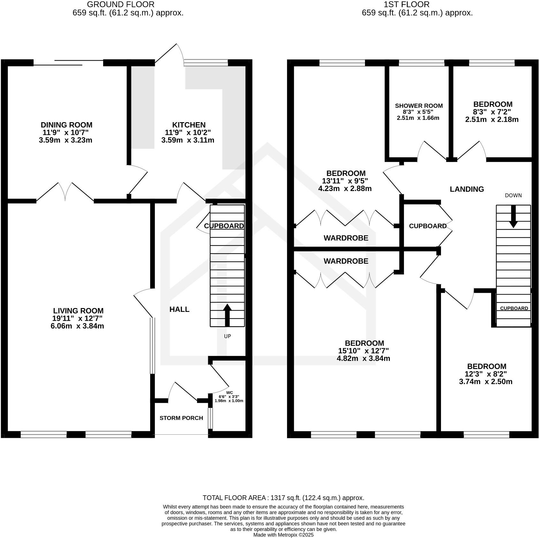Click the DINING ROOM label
(x=66, y=125)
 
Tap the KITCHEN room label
(x=189, y=125)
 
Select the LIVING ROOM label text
(x=78, y=311)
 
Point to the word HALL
(x=179, y=309)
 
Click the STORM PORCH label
(x=181, y=418)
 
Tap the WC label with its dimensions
(x=229, y=396)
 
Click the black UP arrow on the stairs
(x=227, y=315)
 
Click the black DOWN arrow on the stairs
(x=513, y=216)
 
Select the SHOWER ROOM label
(x=419, y=106)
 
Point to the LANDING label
(x=467, y=189)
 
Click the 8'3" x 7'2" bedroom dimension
(x=492, y=112)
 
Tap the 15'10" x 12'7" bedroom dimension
(x=363, y=351)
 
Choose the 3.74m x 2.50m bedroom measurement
(x=485, y=382)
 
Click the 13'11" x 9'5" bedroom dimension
(x=345, y=181)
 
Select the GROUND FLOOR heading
(x=121, y=4)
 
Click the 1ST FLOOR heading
(x=417, y=4)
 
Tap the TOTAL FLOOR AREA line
(x=283, y=498)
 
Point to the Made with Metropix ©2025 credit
(x=283, y=535)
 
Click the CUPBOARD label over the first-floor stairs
(x=514, y=308)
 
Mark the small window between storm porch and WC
(x=210, y=418)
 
